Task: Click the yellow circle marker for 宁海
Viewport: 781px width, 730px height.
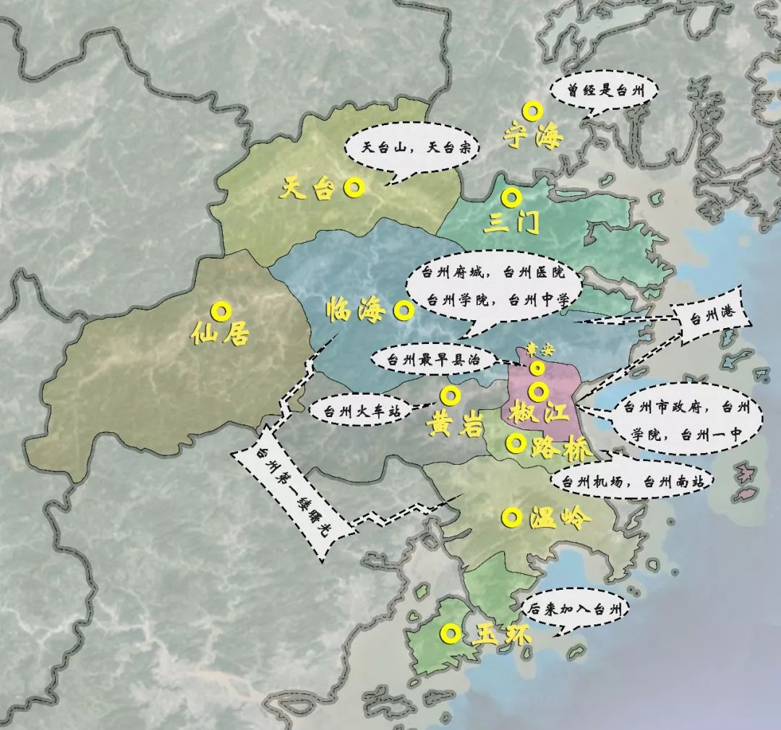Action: pos(532,111)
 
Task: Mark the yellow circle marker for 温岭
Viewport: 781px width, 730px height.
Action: pos(512,517)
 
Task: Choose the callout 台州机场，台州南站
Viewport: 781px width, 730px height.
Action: pos(631,481)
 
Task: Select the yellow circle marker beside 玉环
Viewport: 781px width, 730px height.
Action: pos(451,634)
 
